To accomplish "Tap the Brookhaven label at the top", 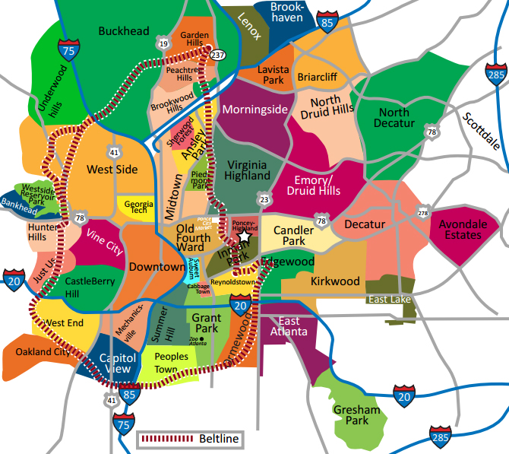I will click(287, 12).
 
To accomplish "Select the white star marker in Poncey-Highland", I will click(245, 237).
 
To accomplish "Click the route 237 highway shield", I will click(219, 55).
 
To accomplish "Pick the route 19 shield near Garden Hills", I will click(163, 45).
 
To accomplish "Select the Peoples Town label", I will click(171, 363).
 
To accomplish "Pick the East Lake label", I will click(389, 300).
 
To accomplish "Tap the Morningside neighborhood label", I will click(254, 110).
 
